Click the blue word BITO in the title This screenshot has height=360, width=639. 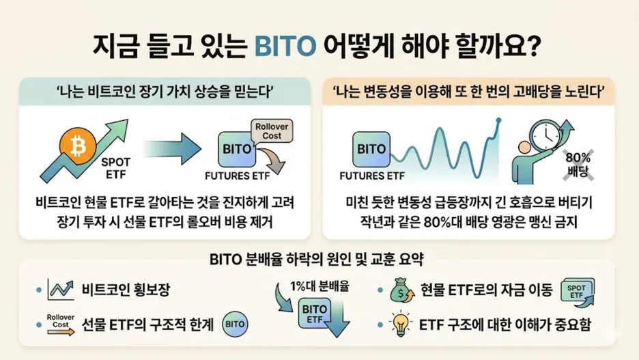click(x=285, y=46)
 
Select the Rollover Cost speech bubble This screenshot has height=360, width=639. click(x=272, y=131)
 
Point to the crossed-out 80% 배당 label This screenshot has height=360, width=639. click(x=578, y=165)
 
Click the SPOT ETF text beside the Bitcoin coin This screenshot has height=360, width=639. click(x=116, y=168)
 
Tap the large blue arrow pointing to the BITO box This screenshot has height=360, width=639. click(x=172, y=149)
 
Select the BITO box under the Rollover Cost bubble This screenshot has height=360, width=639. click(x=237, y=149)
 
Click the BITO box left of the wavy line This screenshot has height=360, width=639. click(x=371, y=149)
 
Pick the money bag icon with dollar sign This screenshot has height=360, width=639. click(x=402, y=290)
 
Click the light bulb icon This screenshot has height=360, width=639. click(x=400, y=323)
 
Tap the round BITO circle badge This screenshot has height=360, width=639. click(x=235, y=324)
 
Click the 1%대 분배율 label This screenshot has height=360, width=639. click(x=319, y=286)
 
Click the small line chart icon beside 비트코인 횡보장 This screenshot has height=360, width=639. click(x=61, y=290)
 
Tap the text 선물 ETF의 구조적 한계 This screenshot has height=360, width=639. click(x=147, y=325)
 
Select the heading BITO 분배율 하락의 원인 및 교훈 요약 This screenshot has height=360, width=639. click(x=317, y=260)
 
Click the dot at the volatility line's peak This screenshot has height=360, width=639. click(x=498, y=120)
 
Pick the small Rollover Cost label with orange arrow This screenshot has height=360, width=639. click(x=60, y=324)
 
